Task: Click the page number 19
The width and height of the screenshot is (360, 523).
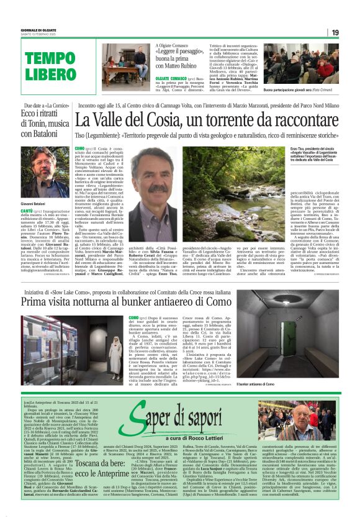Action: (335, 32)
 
